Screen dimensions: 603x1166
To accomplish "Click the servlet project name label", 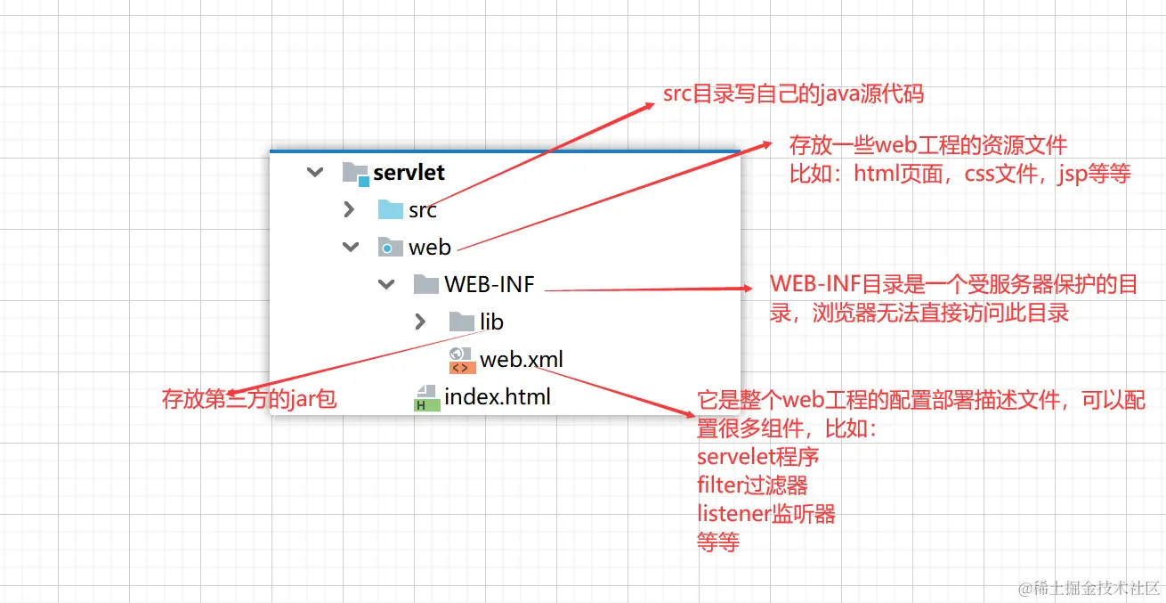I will tap(409, 172).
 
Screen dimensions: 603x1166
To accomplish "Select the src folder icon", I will tap(390, 210).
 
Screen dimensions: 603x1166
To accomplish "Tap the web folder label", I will tap(430, 248).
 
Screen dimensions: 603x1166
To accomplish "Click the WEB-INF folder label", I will tap(489, 285).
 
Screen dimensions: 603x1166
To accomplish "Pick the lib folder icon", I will tap(461, 322).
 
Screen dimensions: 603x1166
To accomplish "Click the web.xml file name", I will tap(522, 359).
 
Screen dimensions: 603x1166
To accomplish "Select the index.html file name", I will tap(497, 396).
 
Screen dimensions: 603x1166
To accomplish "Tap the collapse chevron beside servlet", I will tap(314, 172).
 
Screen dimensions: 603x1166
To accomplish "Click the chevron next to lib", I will tap(421, 322).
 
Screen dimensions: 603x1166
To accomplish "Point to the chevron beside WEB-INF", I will tap(385, 285).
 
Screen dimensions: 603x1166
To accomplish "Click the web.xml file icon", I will tap(461, 360).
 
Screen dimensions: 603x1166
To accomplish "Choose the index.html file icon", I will tap(426, 397).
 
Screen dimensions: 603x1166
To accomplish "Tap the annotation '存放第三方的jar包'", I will tap(249, 399).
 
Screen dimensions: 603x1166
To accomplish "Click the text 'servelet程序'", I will tap(757, 457).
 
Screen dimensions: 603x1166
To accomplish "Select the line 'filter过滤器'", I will tap(752, 485).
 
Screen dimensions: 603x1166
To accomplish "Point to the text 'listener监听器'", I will tap(765, 514).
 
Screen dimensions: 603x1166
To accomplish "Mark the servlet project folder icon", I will tap(355, 173).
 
